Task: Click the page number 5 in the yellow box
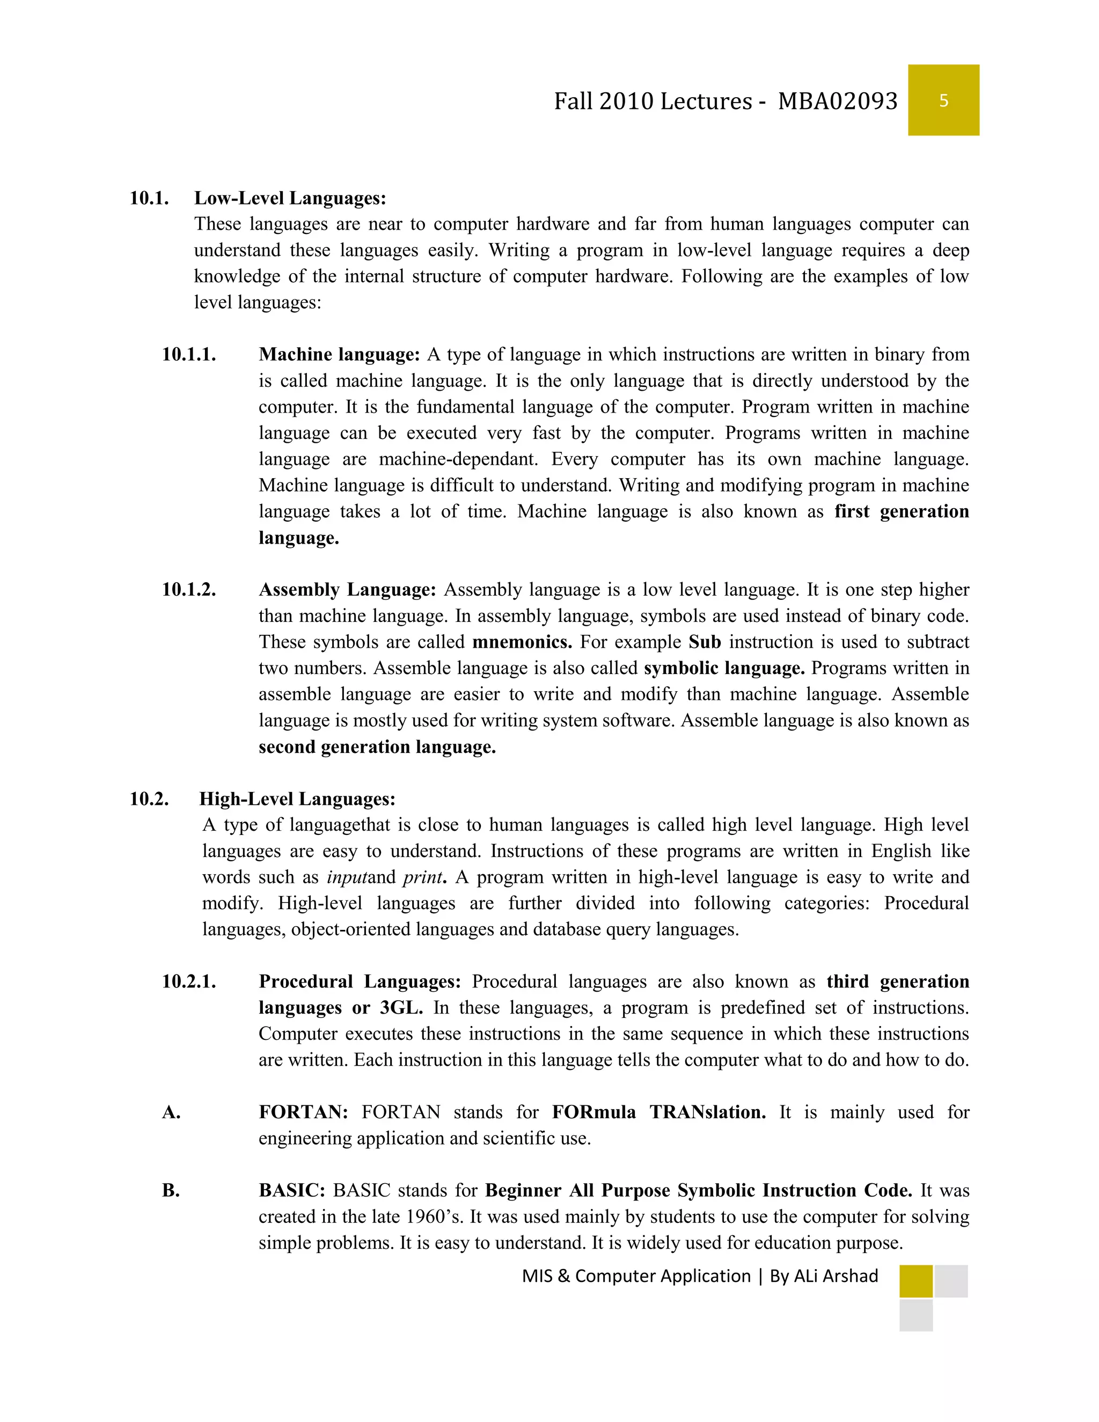point(943,100)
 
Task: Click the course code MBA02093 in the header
point(837,101)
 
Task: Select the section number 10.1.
point(149,198)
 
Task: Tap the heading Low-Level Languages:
point(290,198)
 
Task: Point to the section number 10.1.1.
point(189,355)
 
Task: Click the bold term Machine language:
point(339,355)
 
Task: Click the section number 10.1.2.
point(189,590)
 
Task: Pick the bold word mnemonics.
point(522,642)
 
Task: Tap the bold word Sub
point(705,642)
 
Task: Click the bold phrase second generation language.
point(377,747)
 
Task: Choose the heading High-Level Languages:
point(297,799)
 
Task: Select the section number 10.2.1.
point(189,982)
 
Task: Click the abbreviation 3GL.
point(401,1008)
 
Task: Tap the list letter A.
point(171,1113)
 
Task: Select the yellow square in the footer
point(915,1281)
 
